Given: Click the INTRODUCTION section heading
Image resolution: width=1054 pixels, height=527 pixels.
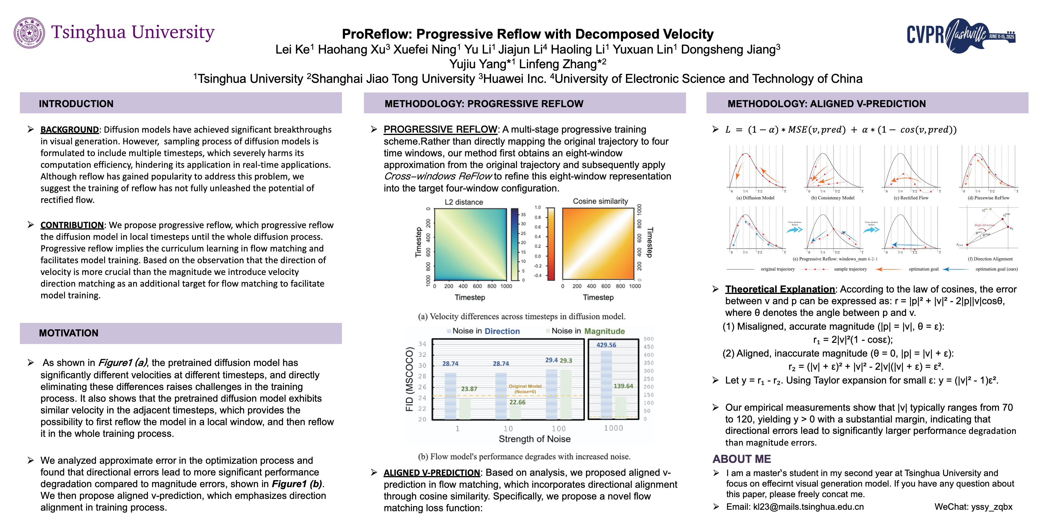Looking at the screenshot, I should [x=76, y=104].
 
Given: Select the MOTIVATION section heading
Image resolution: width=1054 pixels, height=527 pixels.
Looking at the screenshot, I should [x=69, y=333].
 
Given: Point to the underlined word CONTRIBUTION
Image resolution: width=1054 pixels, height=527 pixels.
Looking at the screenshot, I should [x=72, y=225].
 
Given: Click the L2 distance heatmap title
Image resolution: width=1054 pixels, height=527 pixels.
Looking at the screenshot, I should [x=463, y=202].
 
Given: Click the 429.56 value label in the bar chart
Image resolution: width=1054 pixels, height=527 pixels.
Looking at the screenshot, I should [x=606, y=345].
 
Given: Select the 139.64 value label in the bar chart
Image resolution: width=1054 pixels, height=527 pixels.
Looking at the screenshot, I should [x=623, y=386].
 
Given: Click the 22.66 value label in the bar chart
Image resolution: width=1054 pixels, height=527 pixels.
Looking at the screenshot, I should [x=517, y=402].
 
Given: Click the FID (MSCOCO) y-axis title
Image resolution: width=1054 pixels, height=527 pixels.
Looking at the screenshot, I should [x=410, y=379].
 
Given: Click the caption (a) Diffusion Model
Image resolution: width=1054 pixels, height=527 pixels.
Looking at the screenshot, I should [x=755, y=198].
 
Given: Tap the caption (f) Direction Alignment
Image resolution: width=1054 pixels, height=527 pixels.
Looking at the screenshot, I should [x=990, y=259].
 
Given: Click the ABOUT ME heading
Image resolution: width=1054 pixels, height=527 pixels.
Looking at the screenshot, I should [x=741, y=459].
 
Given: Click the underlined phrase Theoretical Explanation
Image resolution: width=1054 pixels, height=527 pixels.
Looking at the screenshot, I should [x=780, y=289].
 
